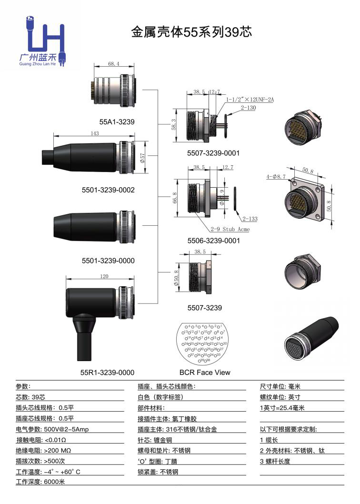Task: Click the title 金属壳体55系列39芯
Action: (191, 32)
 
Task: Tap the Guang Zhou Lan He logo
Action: (44, 42)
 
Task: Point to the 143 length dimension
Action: (94, 133)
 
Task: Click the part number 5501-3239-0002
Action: (108, 190)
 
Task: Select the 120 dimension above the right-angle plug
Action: (104, 276)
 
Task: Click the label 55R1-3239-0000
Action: (107, 373)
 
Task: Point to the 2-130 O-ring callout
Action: (249, 109)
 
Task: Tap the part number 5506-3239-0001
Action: (213, 241)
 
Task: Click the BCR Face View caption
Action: (205, 373)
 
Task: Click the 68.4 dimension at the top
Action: (113, 63)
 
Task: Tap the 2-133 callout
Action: (250, 219)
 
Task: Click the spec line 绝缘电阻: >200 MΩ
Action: (43, 450)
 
